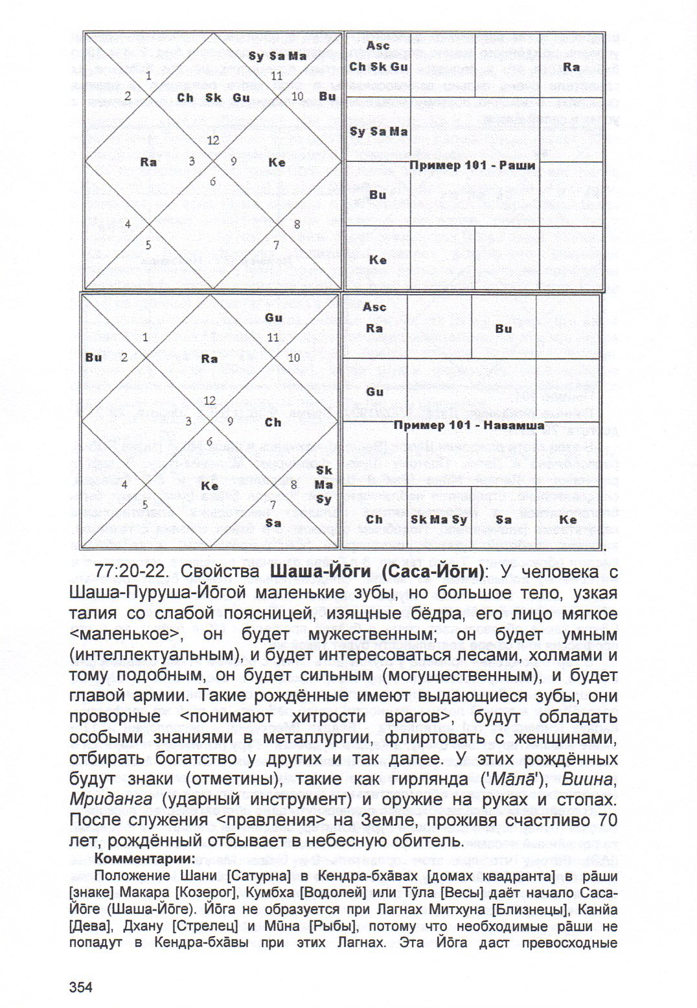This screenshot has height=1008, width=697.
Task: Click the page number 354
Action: click(x=81, y=987)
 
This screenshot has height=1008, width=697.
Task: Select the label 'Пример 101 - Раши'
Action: click(x=472, y=165)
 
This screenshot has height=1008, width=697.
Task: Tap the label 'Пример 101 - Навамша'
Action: click(x=469, y=425)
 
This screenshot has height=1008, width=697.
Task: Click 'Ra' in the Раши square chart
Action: click(x=571, y=67)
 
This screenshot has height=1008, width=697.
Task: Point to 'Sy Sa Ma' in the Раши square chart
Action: click(x=378, y=132)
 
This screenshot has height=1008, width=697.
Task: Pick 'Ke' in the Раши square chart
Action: click(x=378, y=260)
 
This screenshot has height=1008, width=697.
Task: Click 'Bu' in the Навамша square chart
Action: click(x=503, y=328)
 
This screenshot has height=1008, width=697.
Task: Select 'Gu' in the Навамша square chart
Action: click(x=374, y=392)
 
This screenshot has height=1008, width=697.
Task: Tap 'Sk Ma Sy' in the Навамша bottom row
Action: click(x=439, y=520)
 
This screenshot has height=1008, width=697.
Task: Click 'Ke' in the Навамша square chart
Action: click(x=567, y=520)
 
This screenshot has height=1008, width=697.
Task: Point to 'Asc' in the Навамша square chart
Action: click(x=374, y=307)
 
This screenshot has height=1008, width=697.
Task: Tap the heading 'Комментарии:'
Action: click(x=144, y=859)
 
